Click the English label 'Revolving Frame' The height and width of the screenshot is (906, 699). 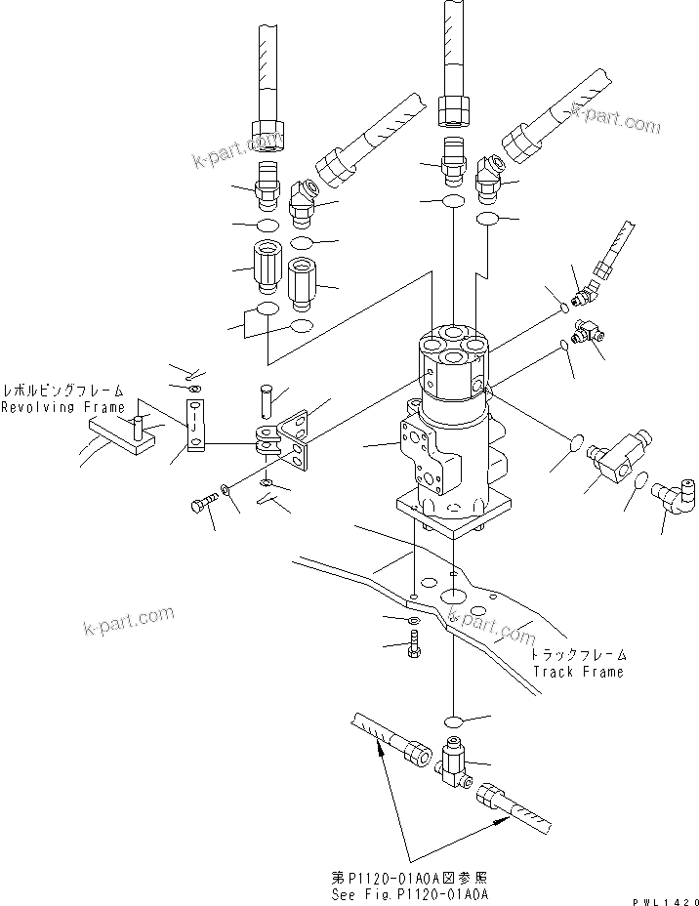tap(62, 407)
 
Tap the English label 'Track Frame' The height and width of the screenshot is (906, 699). tap(577, 672)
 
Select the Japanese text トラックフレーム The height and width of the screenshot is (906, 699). tap(579, 656)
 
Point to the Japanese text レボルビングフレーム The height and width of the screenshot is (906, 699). tap(62, 390)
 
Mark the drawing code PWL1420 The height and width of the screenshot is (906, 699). tap(665, 898)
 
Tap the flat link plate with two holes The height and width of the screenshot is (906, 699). tap(195, 428)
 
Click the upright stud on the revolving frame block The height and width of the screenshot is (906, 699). tap(140, 426)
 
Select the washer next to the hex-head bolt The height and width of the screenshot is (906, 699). tap(227, 489)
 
